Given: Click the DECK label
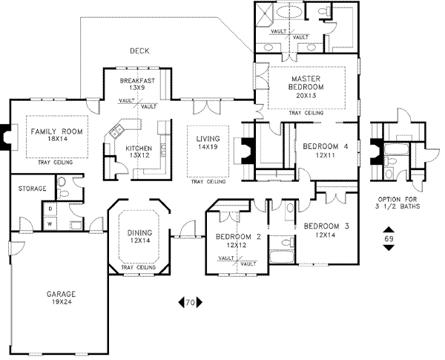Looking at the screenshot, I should [139, 51].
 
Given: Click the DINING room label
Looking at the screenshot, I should [139, 232].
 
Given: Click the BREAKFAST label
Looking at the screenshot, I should [137, 79].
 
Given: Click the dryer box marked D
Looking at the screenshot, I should [50, 209].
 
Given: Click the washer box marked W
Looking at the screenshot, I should [50, 223].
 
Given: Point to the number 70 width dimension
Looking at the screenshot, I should [190, 302].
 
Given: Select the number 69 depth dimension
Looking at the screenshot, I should [389, 239].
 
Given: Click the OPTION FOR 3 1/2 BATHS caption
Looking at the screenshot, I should [399, 203].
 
